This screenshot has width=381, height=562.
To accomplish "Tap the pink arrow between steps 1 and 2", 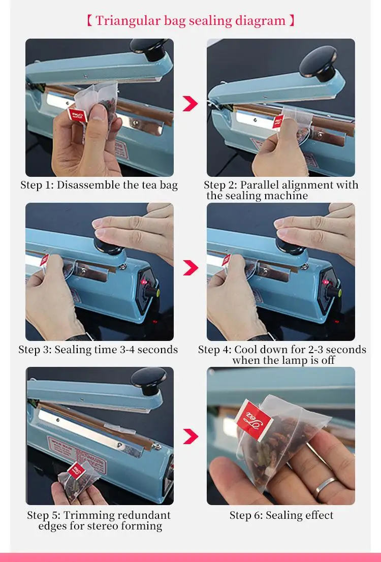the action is pos(190,104).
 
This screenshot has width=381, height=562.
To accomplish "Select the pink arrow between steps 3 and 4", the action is pos(190,267).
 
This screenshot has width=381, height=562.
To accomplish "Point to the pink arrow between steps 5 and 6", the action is pos(190,436).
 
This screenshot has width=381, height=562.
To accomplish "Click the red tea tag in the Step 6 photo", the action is pos(254,419).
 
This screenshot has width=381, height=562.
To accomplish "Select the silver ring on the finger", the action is pos(325,487).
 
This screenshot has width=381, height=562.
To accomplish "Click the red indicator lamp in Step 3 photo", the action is pos(144,282).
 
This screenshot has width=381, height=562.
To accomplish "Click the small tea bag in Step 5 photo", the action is pos(76,479).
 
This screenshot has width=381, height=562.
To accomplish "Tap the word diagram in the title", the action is pos(260,21).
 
